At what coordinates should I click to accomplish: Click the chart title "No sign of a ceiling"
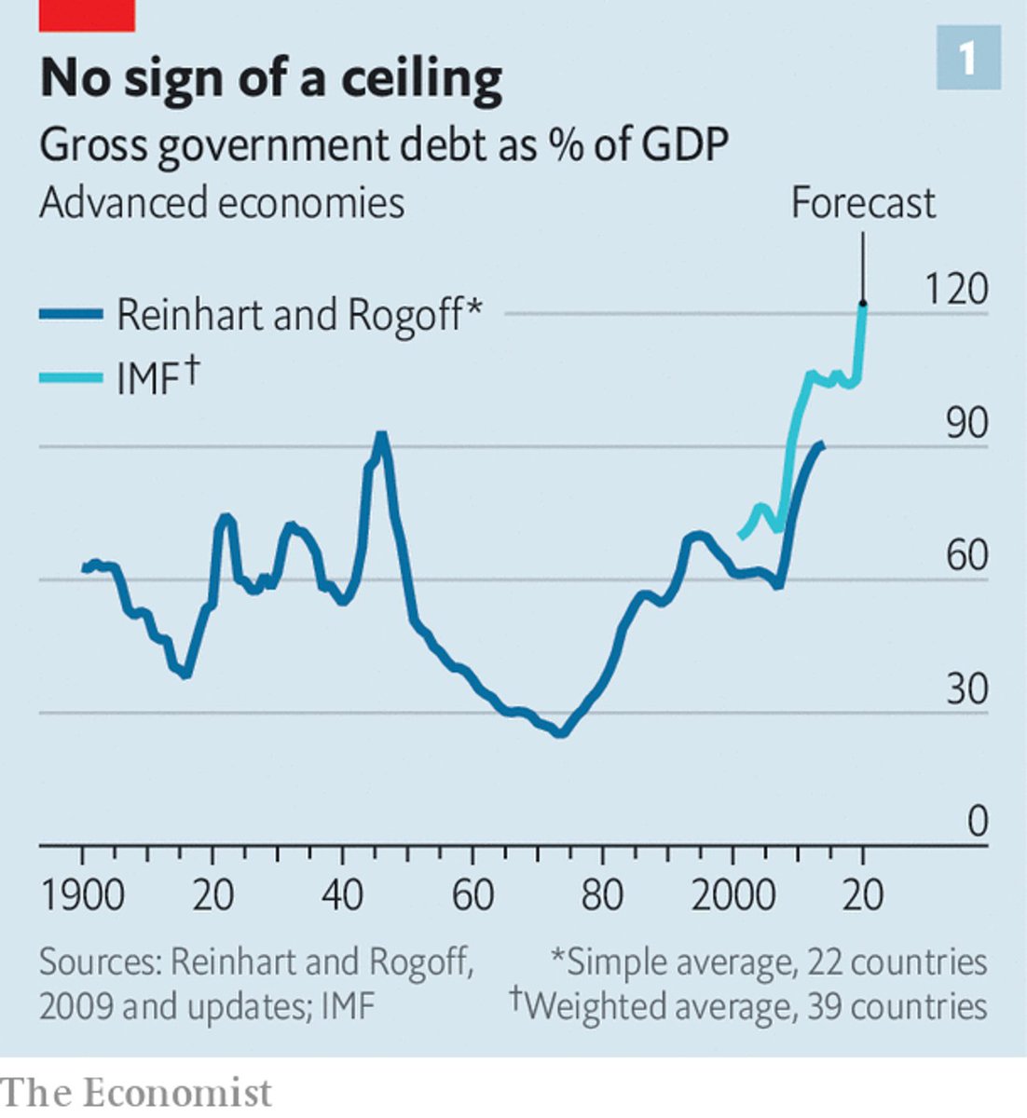271,78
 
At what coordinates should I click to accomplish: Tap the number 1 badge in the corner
968,58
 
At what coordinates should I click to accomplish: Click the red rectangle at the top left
87,15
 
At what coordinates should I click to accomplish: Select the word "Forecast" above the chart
863,203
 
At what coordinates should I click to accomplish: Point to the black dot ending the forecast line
863,304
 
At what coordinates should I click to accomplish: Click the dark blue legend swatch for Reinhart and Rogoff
71,315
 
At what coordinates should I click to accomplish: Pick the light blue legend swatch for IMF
71,377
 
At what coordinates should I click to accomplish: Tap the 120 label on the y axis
955,290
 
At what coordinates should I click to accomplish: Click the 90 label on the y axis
966,424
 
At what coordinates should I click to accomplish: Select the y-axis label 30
966,689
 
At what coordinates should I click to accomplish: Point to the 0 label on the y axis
977,822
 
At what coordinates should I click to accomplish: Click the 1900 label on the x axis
82,896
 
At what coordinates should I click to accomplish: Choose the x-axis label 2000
733,896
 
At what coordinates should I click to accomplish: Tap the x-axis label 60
472,896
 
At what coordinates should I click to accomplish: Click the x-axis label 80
602,896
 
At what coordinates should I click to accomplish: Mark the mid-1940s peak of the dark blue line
380,436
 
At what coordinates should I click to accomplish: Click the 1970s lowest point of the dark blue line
560,733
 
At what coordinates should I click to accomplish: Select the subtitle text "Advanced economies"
222,203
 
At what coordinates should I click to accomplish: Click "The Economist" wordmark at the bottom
137,1092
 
